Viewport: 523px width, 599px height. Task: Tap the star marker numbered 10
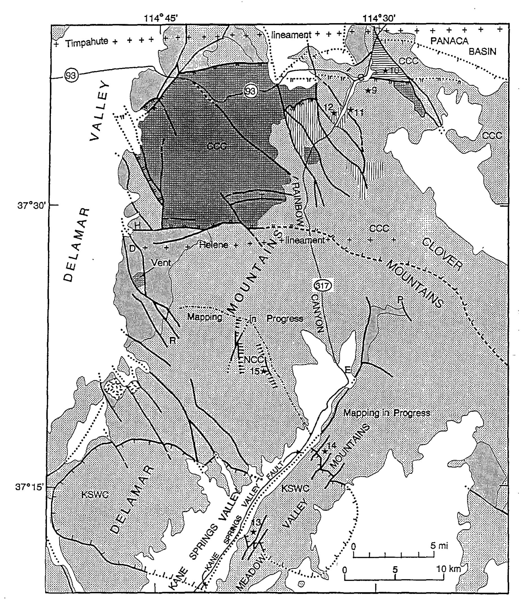point(385,70)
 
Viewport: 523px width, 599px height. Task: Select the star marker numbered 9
point(368,91)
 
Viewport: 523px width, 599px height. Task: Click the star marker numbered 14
point(324,451)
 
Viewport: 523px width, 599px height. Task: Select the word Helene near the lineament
point(214,244)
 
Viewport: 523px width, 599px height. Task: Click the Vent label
point(161,263)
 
